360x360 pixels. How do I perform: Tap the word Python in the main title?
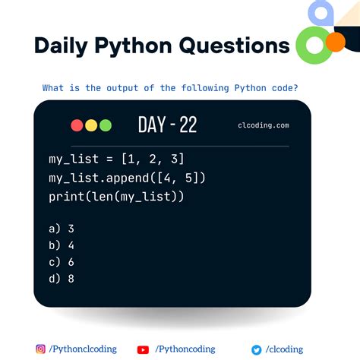[x=134, y=46]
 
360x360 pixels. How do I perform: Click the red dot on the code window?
[x=77, y=125]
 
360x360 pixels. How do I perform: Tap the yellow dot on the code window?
[x=90, y=125]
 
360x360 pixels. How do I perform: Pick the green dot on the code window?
[x=105, y=125]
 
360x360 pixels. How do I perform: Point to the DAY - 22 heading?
[x=167, y=125]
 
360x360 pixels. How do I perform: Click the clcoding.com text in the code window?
[x=263, y=126]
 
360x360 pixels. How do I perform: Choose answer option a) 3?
[x=61, y=228]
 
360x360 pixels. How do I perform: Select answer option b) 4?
[x=61, y=245]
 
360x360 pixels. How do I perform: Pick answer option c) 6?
[x=61, y=262]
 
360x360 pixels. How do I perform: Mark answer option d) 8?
[x=61, y=279]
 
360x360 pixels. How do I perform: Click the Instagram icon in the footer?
[x=41, y=349]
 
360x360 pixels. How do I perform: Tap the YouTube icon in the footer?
[x=143, y=349]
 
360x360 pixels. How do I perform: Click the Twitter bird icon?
[x=257, y=349]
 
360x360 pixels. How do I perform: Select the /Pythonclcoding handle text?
[x=83, y=349]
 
